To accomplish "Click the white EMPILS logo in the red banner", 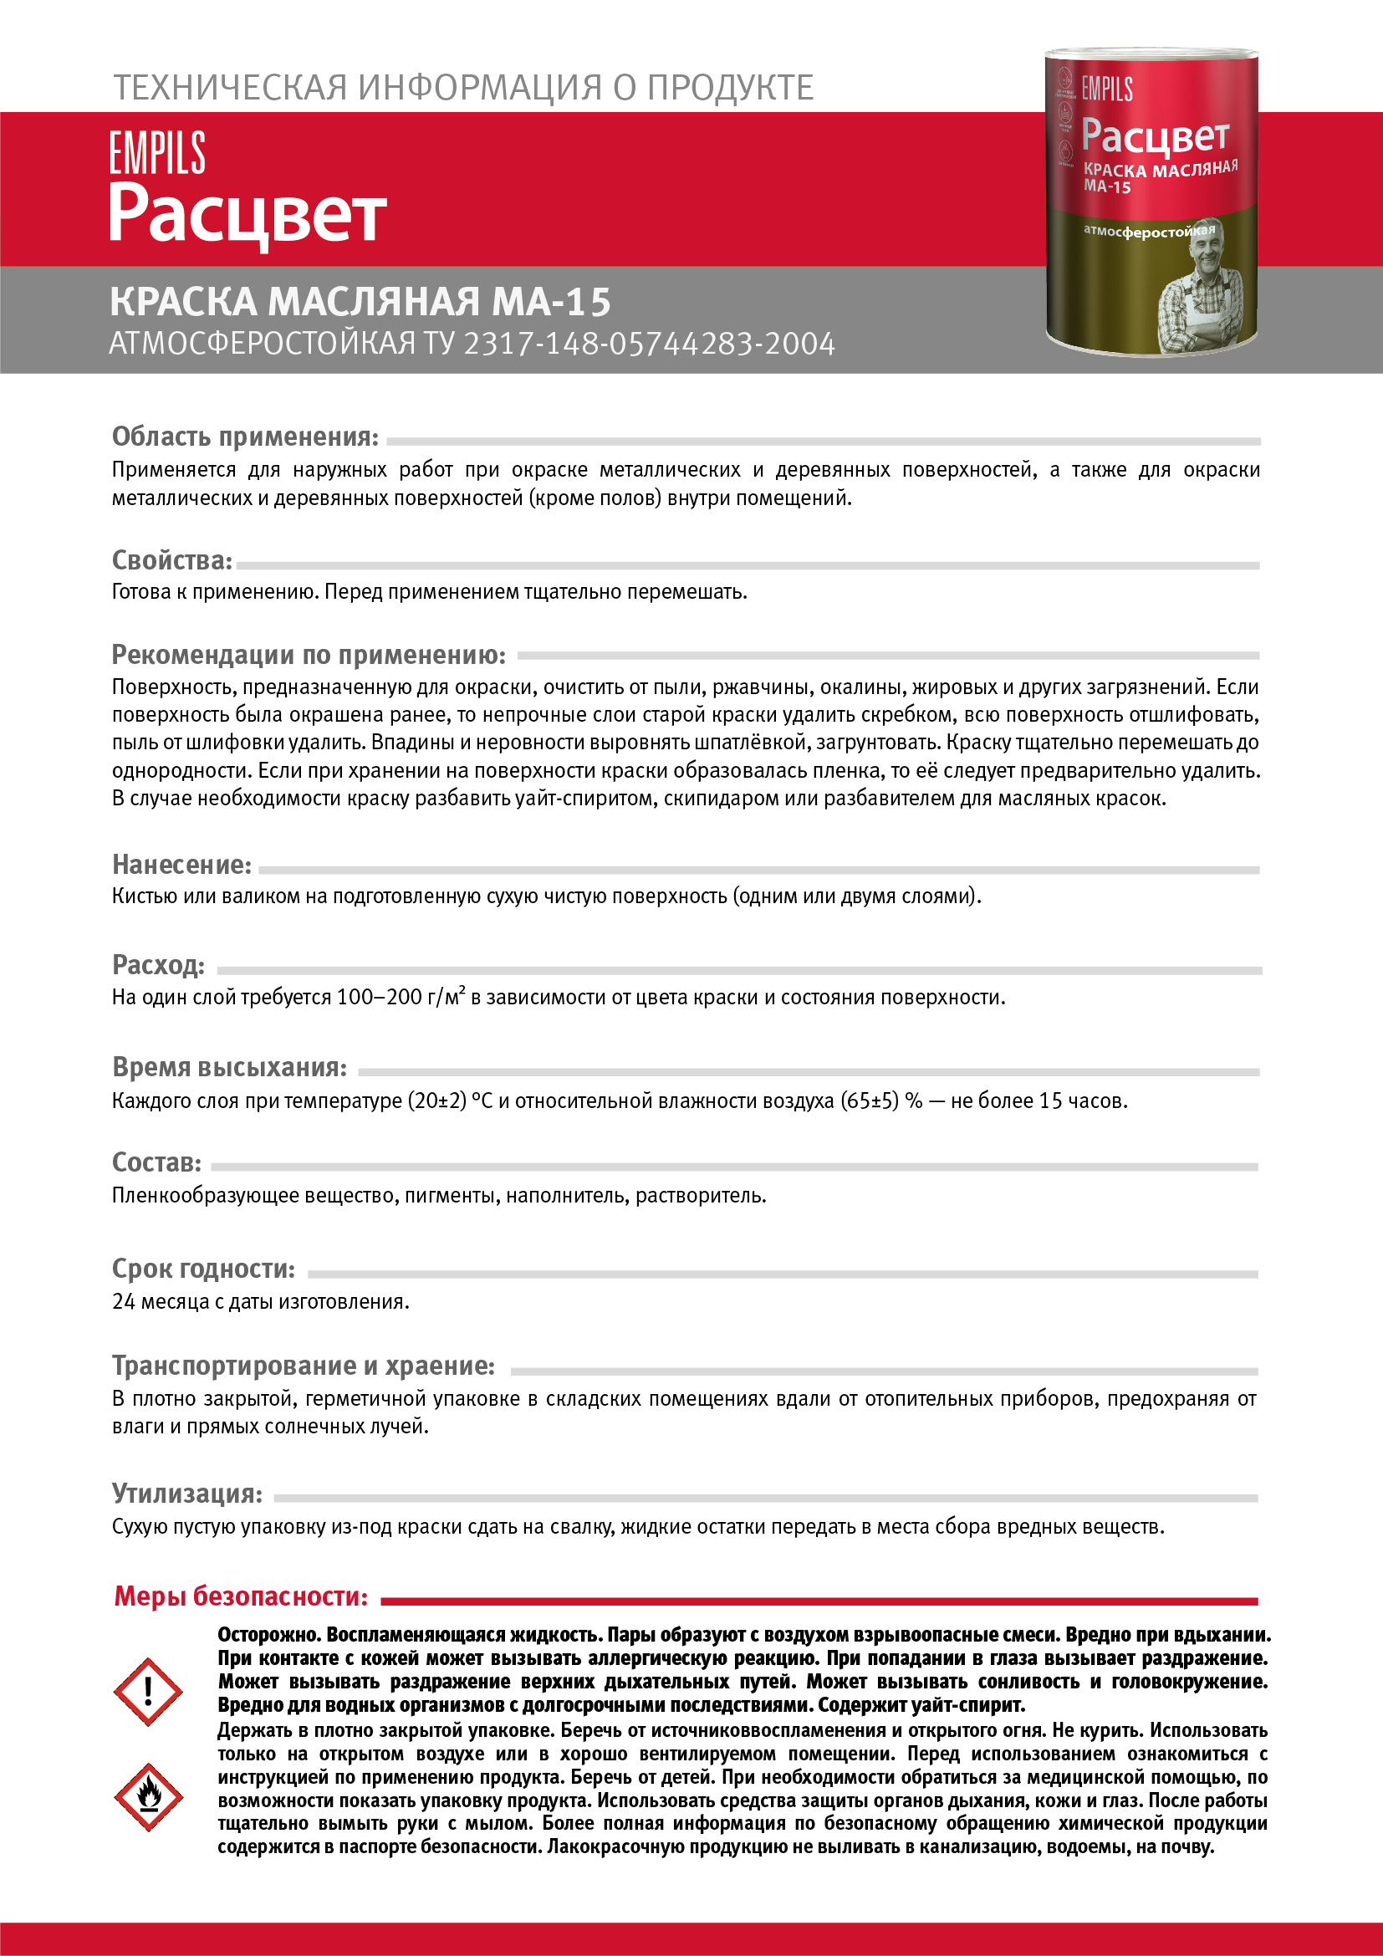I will [x=157, y=152].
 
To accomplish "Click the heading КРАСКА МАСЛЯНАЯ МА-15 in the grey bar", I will [x=360, y=302].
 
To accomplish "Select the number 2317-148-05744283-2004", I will [x=649, y=345].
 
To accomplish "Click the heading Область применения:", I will [x=245, y=437].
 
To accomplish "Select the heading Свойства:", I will [x=172, y=560].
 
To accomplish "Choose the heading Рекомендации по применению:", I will [x=309, y=654].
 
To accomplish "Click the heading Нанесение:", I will [x=181, y=865].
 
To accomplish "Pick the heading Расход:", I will [x=158, y=965].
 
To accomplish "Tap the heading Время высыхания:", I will [x=229, y=1067].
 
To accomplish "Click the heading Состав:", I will [x=156, y=1162].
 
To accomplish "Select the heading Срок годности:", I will [x=203, y=1269].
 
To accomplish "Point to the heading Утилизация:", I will [x=187, y=1494].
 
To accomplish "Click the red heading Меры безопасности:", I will [x=241, y=1596].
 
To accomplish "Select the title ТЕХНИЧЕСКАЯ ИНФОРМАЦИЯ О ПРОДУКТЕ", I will [x=463, y=88].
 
